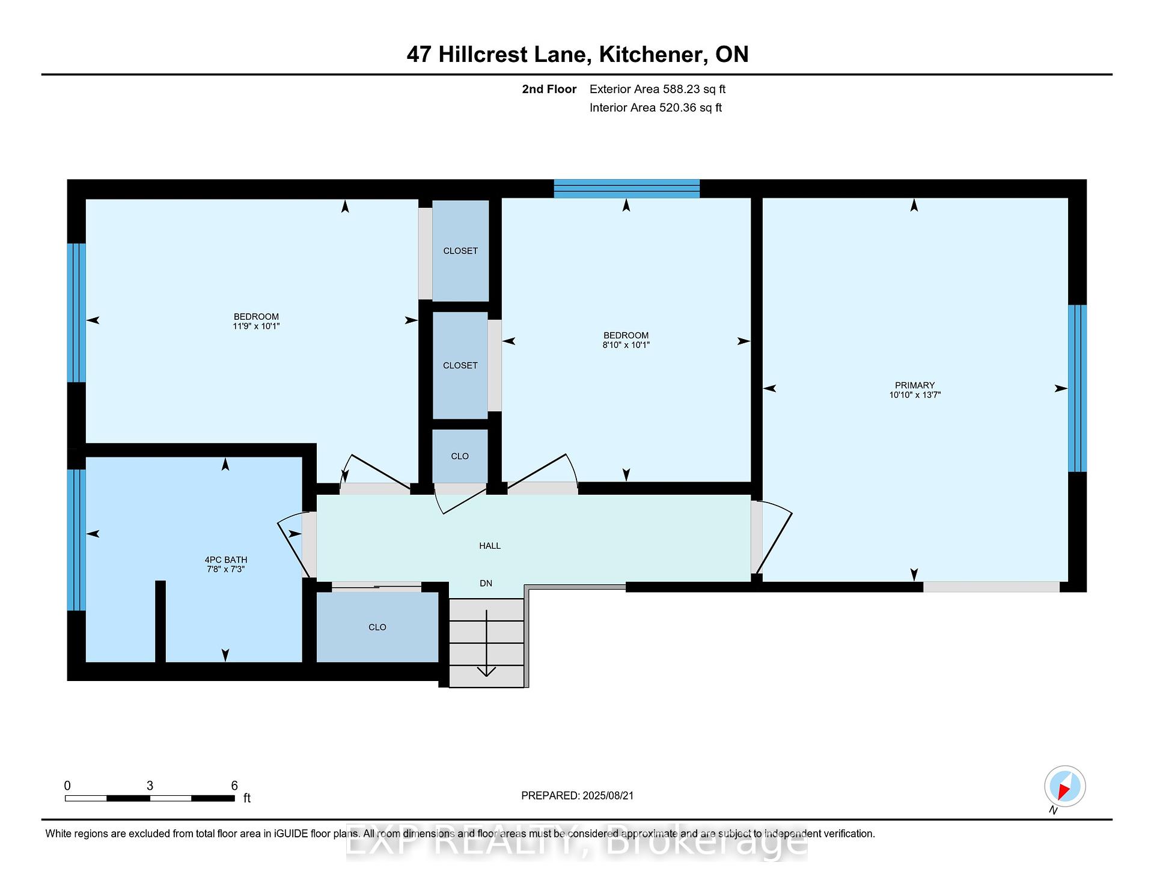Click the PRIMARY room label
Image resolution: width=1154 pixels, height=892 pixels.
point(914,385)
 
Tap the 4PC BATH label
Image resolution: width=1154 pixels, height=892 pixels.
point(225,560)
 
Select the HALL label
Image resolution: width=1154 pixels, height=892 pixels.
point(490,546)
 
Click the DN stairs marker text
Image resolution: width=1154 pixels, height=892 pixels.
point(486,583)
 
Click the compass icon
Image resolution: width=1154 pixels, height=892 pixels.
point(1064,787)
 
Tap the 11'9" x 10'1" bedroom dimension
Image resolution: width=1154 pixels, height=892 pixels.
point(256,326)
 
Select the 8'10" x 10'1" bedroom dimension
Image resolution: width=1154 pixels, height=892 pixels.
point(626,345)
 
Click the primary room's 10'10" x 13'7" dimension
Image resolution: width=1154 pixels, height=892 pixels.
point(915,395)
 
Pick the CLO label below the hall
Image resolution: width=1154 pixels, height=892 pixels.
point(377,627)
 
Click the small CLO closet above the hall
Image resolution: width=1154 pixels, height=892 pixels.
point(460,456)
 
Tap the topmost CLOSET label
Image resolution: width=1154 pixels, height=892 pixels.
point(460,251)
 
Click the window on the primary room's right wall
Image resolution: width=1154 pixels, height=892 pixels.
point(1077,388)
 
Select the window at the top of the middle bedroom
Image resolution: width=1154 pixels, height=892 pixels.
point(626,189)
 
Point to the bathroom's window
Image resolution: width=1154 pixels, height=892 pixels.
point(76,540)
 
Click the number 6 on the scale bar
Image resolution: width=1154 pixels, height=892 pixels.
point(234,786)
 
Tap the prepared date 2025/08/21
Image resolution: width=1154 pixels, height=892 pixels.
point(608,795)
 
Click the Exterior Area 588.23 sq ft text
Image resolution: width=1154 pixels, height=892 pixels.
point(658,89)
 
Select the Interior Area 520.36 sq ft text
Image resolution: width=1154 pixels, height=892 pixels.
point(656,108)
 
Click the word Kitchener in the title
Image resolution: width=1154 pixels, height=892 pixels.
point(653,54)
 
